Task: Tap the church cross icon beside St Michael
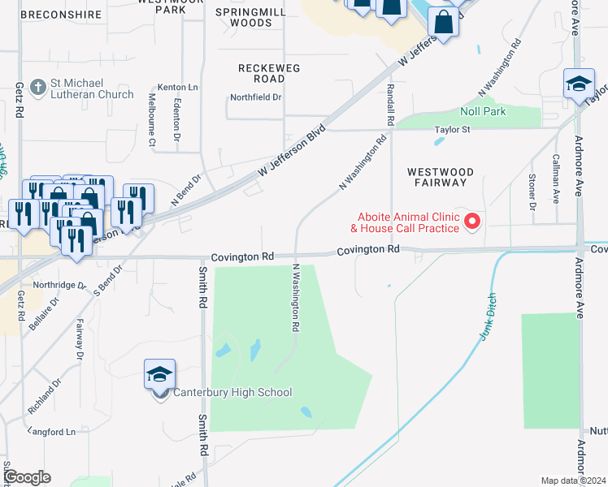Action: click(37, 85)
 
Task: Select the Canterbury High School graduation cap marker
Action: click(160, 375)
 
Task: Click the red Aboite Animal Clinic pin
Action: click(471, 221)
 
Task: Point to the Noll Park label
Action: click(483, 111)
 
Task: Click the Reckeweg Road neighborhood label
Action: click(262, 73)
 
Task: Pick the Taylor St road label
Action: click(452, 129)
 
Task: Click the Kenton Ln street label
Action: click(180, 86)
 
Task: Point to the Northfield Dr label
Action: click(255, 97)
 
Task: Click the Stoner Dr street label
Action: click(533, 192)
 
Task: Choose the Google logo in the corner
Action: click(28, 477)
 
